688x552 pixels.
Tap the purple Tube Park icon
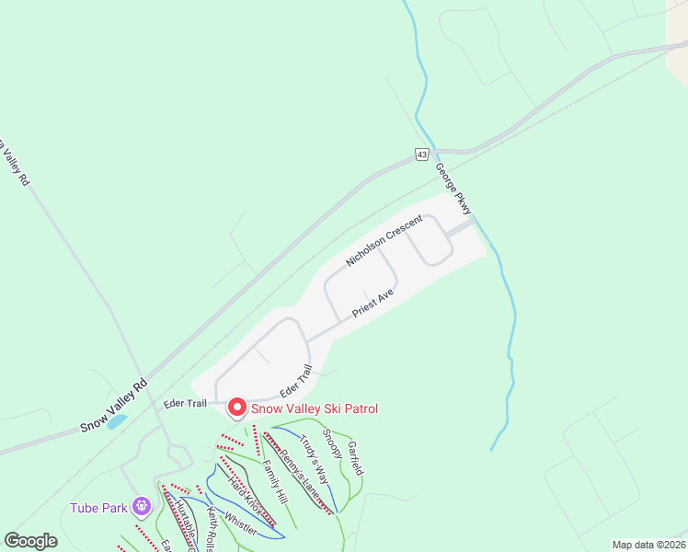point(141,505)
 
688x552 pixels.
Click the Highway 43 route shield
point(421,155)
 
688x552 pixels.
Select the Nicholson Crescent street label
point(384,241)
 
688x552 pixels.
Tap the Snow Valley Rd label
point(113,407)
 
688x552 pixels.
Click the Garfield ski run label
point(355,457)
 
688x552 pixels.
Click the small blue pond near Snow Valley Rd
point(116,422)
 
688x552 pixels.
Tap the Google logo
point(31,541)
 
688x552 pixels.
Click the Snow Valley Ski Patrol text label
point(314,408)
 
